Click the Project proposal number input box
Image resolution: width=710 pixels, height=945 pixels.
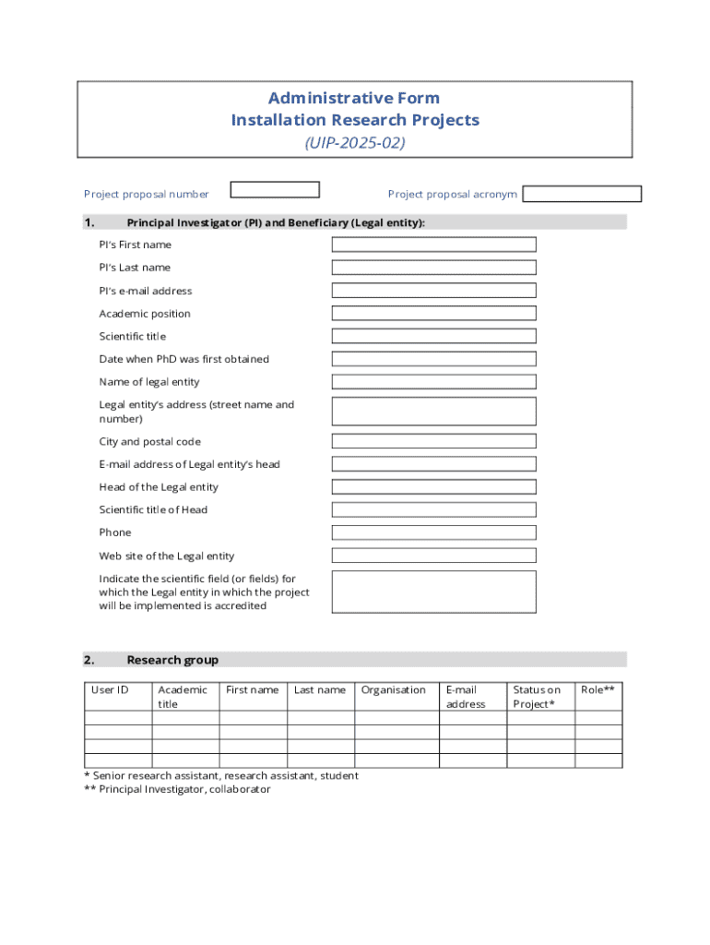[x=275, y=190]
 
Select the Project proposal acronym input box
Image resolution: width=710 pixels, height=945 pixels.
[x=582, y=195]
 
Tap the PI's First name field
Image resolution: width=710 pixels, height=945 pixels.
[x=433, y=245]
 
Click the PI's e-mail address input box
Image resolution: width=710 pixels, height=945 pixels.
[x=433, y=291]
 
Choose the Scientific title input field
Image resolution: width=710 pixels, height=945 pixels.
[x=433, y=336]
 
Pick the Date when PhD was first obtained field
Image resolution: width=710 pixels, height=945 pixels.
[x=433, y=359]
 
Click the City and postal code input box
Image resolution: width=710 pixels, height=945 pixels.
[x=433, y=441]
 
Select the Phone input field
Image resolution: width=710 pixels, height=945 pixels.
[x=433, y=532]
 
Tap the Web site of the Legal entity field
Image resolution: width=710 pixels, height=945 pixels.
[x=433, y=556]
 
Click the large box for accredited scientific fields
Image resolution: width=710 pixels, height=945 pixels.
[x=433, y=592]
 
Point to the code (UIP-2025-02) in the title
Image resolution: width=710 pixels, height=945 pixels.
[x=355, y=143]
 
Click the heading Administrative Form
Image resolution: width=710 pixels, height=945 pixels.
[x=354, y=98]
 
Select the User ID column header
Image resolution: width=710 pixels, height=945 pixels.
[x=110, y=690]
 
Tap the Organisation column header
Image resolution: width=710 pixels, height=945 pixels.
[x=394, y=690]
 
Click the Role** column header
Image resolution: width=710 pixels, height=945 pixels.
[x=598, y=690]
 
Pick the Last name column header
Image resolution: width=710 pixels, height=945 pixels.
[x=320, y=690]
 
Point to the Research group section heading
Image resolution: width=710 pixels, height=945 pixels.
[x=172, y=660]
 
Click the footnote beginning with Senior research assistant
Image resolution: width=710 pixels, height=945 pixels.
[x=221, y=776]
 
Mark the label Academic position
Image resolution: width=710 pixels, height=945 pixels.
[x=145, y=314]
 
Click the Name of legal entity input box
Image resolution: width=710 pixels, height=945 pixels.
[x=433, y=382]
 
